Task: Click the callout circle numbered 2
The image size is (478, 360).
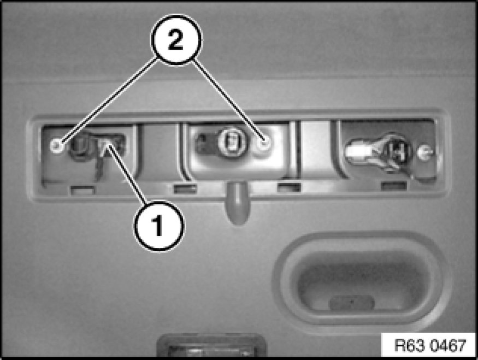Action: click(176, 40)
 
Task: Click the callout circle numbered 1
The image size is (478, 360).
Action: click(159, 226)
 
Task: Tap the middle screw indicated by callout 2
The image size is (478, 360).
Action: click(264, 143)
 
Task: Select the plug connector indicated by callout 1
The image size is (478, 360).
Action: click(111, 146)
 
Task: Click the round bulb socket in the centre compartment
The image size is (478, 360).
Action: click(232, 141)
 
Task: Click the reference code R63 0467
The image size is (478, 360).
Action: click(430, 345)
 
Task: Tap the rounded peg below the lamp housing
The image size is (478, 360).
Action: click(238, 203)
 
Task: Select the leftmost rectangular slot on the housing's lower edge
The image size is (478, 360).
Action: click(82, 191)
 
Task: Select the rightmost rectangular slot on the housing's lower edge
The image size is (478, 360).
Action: click(394, 186)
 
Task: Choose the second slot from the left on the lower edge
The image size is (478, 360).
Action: click(185, 189)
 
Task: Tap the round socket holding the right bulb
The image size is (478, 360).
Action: click(396, 152)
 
